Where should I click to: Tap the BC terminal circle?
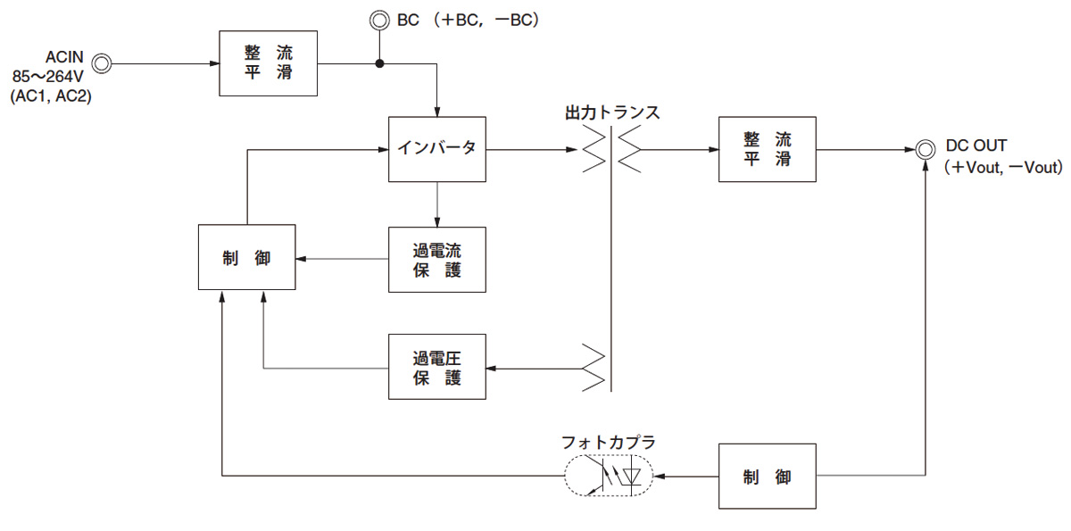click(x=379, y=19)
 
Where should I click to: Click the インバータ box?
click(x=437, y=148)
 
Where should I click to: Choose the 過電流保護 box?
click(x=437, y=259)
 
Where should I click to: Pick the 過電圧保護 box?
click(x=437, y=367)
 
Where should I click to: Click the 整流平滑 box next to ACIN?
click(x=268, y=63)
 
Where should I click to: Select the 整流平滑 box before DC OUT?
click(x=767, y=149)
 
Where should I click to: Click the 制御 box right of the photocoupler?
click(x=767, y=477)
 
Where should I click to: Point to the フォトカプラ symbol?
click(x=609, y=477)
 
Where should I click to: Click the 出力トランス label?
click(x=612, y=113)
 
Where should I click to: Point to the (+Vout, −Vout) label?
click(x=1003, y=167)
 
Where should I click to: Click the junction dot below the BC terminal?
click(x=379, y=63)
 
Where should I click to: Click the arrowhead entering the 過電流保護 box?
click(x=437, y=222)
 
